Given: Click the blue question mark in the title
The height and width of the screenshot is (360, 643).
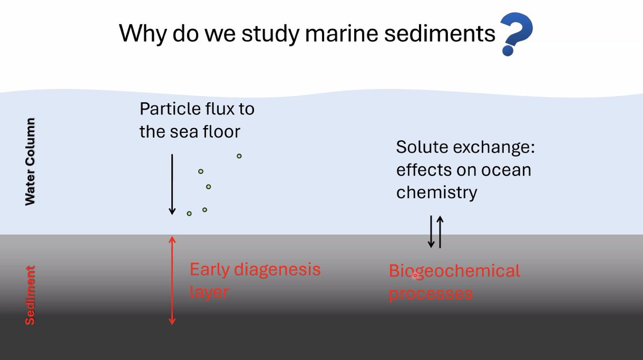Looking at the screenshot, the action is pyautogui.click(x=515, y=33).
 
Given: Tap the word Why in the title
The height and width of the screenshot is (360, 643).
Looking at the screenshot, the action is pyautogui.click(x=138, y=33).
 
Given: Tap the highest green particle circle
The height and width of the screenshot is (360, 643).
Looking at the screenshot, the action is pyautogui.click(x=239, y=156).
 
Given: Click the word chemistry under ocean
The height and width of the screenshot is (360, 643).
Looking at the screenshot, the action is pyautogui.click(x=436, y=192).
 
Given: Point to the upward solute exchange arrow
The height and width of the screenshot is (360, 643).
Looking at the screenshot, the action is pyautogui.click(x=440, y=231).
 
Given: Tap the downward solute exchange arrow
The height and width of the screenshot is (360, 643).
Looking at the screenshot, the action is pyautogui.click(x=431, y=231).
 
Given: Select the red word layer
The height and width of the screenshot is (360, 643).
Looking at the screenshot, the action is pyautogui.click(x=209, y=292).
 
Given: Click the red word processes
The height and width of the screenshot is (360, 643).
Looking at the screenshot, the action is pyautogui.click(x=431, y=294).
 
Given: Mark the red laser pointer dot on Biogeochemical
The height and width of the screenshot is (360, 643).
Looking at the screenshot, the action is pyautogui.click(x=415, y=276).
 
